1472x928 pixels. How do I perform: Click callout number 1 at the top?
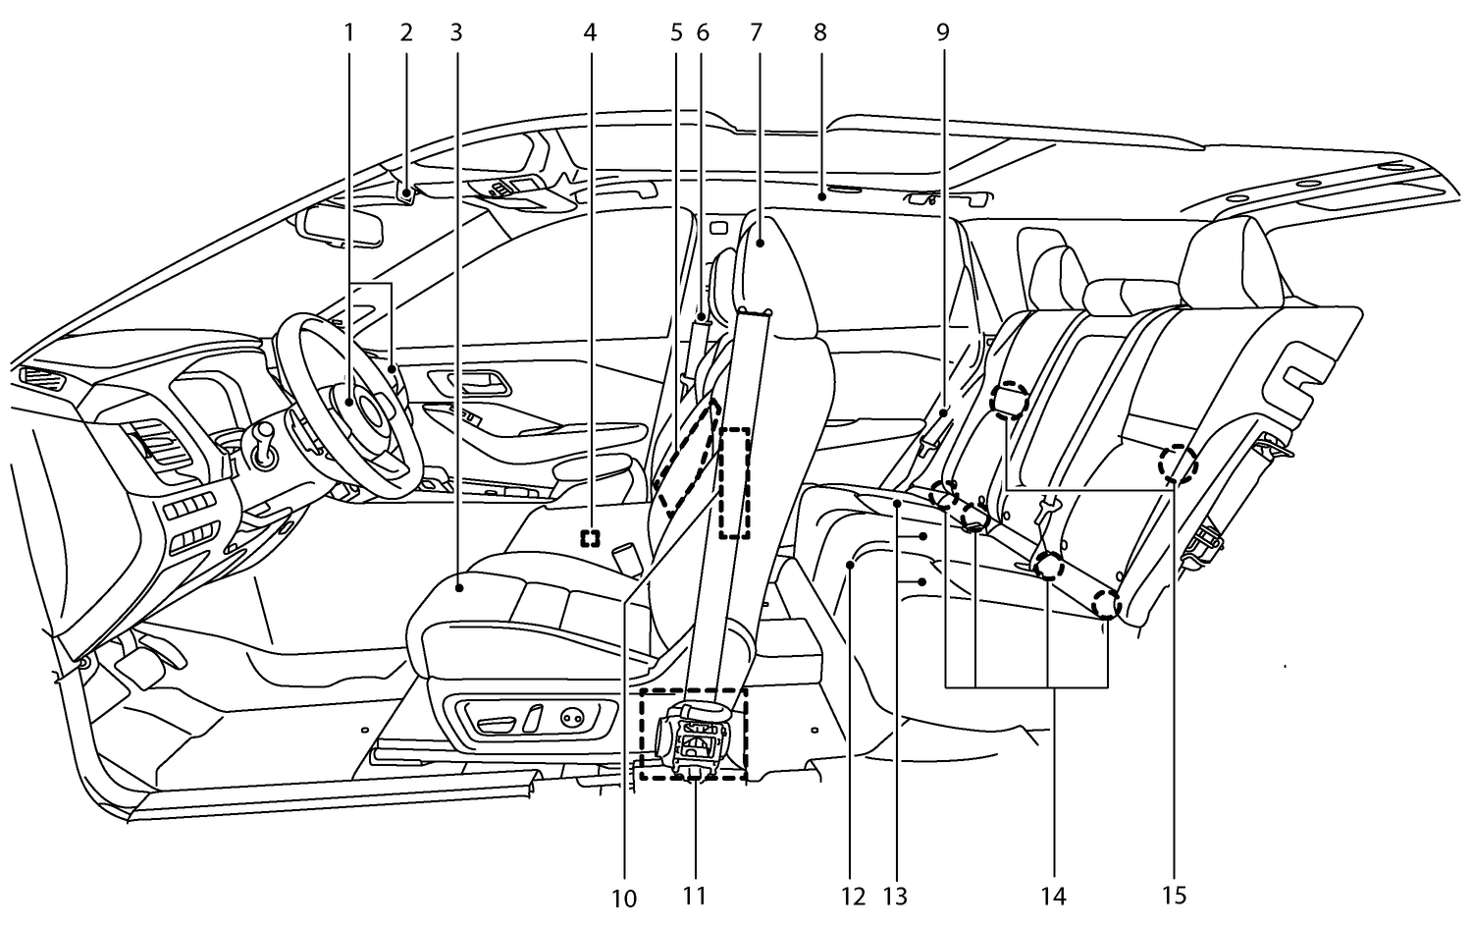347,32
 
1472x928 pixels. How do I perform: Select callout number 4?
589,32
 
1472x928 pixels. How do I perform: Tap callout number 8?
820,32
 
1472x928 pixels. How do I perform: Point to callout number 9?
942,32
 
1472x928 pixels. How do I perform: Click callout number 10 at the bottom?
624,898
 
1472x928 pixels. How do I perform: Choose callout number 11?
694,896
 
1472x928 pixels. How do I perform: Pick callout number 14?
1054,896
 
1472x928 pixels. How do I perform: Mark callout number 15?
1174,896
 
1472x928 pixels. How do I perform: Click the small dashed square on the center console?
590,538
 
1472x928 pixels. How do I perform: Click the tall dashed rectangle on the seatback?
735,482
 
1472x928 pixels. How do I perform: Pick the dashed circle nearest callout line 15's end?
1177,464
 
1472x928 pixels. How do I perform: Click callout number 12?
853,896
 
